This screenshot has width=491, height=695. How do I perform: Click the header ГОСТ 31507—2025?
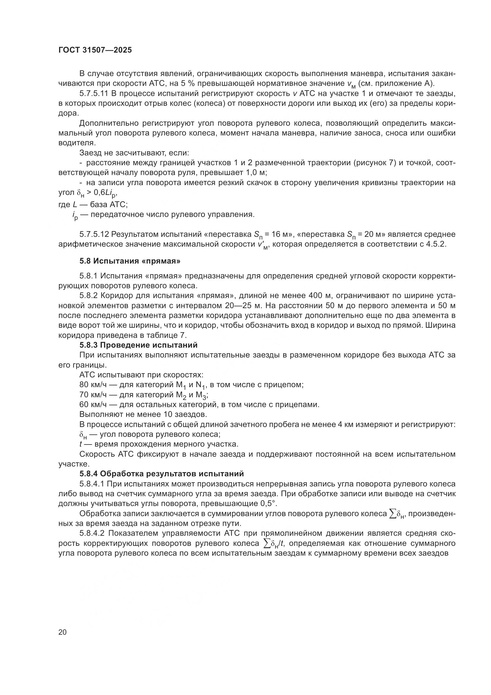95,50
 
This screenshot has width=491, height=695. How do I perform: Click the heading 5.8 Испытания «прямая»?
130,261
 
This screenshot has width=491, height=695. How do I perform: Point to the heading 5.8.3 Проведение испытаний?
138,345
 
